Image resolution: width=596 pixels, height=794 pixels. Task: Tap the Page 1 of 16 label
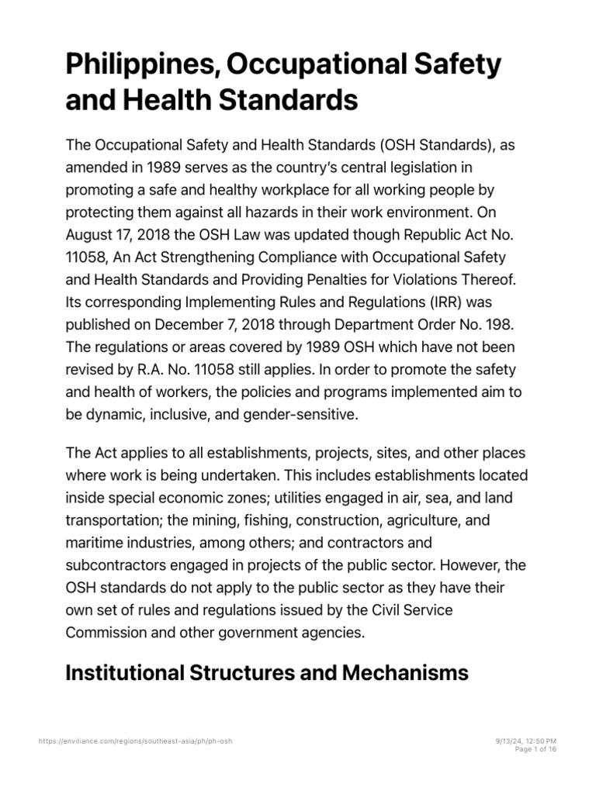click(x=535, y=750)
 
